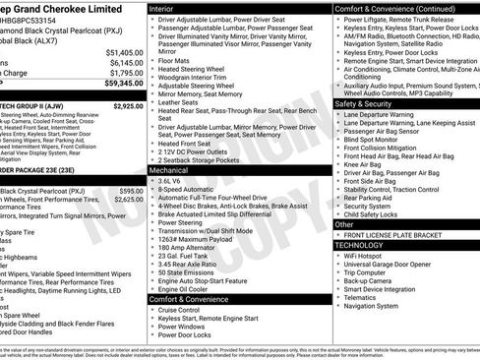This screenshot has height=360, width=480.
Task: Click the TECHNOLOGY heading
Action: [367, 244]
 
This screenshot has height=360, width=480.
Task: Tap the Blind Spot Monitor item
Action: [379, 140]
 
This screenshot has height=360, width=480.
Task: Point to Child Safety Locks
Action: [379, 213]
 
